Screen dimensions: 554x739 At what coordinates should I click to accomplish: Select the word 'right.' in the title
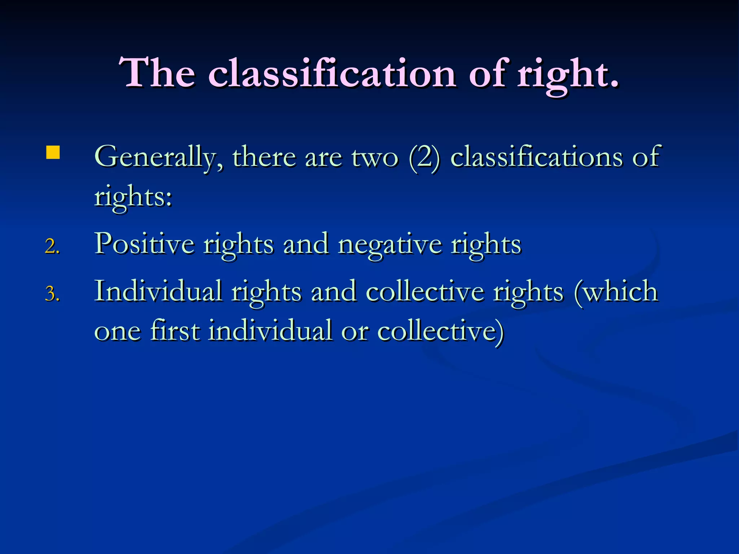click(568, 74)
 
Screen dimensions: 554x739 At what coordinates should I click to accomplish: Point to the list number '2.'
click(52, 247)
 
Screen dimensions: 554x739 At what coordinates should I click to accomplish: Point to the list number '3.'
click(52, 294)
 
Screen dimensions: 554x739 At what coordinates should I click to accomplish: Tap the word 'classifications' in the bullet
click(537, 157)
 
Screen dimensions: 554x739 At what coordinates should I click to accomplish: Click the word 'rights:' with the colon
click(133, 198)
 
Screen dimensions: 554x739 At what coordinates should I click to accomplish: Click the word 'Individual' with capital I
click(158, 291)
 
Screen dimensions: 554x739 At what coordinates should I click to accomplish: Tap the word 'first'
click(175, 330)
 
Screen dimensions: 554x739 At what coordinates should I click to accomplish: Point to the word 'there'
click(264, 157)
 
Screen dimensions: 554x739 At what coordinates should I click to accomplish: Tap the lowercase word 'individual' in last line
click(270, 330)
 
